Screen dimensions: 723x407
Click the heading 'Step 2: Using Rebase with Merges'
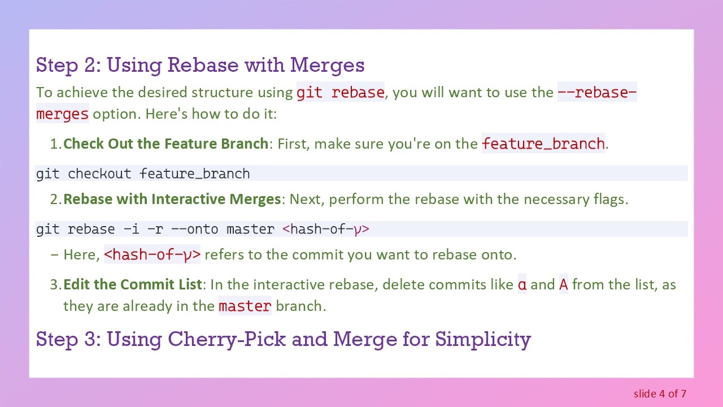200,65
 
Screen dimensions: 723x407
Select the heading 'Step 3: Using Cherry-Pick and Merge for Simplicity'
283,339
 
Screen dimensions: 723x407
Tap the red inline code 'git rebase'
341,92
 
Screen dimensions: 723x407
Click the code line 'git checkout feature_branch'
143,174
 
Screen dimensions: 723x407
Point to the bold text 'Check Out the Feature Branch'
165,144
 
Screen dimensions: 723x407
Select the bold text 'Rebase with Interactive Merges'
172,199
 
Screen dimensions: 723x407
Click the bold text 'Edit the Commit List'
133,284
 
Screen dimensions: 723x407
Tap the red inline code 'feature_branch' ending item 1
543,144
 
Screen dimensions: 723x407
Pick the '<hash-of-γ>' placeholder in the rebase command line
326,229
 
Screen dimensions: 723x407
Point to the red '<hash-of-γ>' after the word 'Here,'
153,255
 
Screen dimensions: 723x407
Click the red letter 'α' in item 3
522,284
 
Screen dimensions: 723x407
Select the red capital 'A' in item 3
563,284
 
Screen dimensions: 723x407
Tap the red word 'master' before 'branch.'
245,306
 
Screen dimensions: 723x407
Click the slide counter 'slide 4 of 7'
660,393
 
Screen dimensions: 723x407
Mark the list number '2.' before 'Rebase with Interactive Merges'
55,199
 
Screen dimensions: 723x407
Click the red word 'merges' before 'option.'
62,114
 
